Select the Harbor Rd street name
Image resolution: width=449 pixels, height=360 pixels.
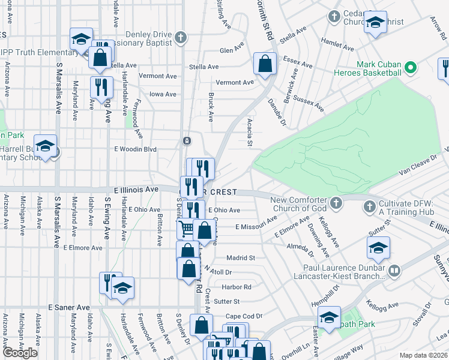pyautogui.click(x=236, y=287)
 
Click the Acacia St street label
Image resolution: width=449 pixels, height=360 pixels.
pyautogui.click(x=250, y=132)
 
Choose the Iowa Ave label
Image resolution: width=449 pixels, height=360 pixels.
pyautogui.click(x=163, y=94)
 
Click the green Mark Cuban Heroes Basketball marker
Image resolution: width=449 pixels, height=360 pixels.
pyautogui.click(x=411, y=68)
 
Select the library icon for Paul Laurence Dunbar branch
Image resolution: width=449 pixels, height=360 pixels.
pyautogui.click(x=394, y=271)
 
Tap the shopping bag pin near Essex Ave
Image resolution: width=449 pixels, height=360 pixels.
pyautogui.click(x=265, y=64)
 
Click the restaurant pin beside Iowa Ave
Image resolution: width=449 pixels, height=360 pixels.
pyautogui.click(x=101, y=86)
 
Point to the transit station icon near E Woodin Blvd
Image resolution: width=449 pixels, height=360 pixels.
pyautogui.click(x=187, y=141)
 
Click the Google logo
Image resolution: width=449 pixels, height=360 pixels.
pyautogui.click(x=20, y=353)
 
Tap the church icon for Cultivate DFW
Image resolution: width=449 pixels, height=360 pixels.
pyautogui.click(x=369, y=208)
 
